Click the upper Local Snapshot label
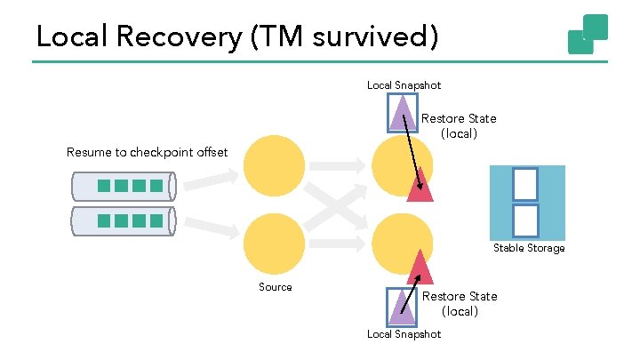tap(404, 85)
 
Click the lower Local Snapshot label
tap(404, 334)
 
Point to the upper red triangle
tap(420, 187)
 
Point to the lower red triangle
tap(420, 267)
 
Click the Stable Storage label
tap(529, 248)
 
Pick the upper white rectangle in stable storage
tap(525, 184)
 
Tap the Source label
tap(276, 287)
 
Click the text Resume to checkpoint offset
tap(147, 152)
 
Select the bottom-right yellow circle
tap(402, 243)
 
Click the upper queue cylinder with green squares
tap(124, 187)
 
